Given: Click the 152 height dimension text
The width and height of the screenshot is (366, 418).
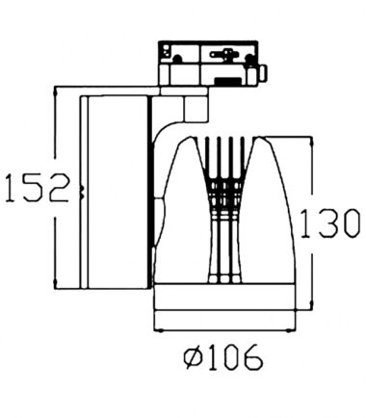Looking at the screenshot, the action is coord(38,188).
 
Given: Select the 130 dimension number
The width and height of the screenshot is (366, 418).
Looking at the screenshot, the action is coord(329,223).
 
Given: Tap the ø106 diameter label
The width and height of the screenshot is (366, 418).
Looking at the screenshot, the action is coord(223,356).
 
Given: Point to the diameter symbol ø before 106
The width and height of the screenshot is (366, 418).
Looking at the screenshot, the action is coord(194,357).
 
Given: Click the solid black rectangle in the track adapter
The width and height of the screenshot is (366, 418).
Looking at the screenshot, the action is coord(228,81).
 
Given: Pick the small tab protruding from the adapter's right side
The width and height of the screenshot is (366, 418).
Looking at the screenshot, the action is coord(262,73).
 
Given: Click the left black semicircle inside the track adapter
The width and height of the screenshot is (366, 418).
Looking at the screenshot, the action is coord(177,59).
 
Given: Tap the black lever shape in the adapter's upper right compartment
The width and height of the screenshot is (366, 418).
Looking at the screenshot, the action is coord(222,54).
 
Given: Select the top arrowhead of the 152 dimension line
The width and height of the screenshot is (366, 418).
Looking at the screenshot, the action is coord(55,91).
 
